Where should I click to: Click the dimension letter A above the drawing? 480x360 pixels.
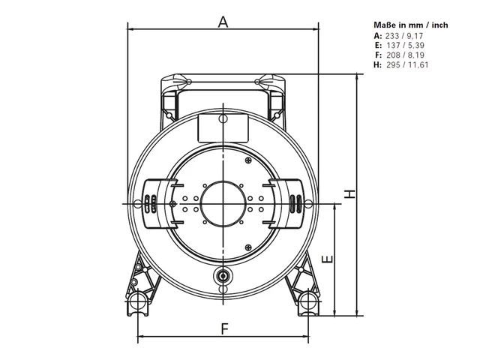pos(223,22)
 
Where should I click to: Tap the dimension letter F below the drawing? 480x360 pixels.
pos(225,328)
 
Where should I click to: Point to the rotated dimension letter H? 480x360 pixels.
pos(349,193)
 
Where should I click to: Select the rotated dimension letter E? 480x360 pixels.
pos(328,259)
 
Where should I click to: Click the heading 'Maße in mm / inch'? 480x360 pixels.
pos(411,25)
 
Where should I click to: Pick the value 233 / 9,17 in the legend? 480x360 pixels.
pos(404,36)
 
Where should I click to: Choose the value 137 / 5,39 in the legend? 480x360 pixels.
pos(405,46)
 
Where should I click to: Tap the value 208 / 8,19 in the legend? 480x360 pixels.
pos(405,55)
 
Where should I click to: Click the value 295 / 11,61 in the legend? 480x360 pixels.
pos(407,65)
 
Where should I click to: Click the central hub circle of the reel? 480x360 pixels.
pos(223,203)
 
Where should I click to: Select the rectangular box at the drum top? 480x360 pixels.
pos(223,128)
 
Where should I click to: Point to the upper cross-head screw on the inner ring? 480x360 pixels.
pos(248,160)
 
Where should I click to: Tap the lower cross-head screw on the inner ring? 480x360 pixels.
pos(248,247)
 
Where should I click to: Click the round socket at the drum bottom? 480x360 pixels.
pos(223,276)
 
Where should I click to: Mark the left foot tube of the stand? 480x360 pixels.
pos(138,301)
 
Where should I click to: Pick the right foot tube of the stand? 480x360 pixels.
pos(308,301)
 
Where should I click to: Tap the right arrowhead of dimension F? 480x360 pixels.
pos(305,337)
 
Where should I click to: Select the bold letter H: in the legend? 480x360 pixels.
pos(378,65)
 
